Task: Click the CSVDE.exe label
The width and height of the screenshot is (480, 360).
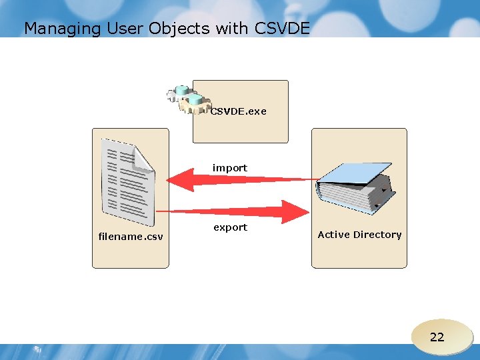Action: [x=238, y=111]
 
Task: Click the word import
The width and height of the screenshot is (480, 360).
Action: [x=229, y=168]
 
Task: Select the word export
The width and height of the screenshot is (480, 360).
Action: [x=230, y=227]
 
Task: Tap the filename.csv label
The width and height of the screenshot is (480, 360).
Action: [x=131, y=236]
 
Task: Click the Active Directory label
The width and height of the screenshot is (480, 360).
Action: [x=359, y=235]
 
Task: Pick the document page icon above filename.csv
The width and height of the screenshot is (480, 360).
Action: [x=126, y=182]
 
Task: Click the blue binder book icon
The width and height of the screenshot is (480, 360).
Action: [x=356, y=187]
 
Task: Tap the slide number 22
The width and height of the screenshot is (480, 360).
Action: [x=437, y=337]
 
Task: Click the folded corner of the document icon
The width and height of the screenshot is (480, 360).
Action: [x=143, y=157]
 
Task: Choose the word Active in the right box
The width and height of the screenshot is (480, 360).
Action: [x=333, y=235]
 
